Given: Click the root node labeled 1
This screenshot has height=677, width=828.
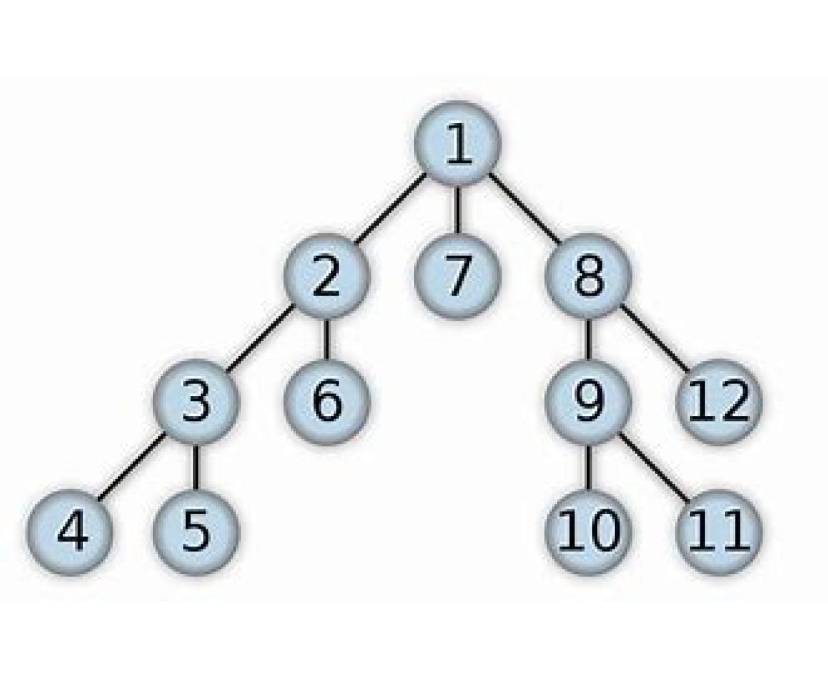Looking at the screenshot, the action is (x=457, y=144).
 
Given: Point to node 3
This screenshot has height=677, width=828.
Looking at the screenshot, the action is (x=196, y=402).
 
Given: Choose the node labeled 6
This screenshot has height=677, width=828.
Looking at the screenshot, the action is (x=326, y=402).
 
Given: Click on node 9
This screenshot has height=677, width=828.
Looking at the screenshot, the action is (x=588, y=402).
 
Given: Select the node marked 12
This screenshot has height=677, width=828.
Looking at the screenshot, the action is (x=718, y=402).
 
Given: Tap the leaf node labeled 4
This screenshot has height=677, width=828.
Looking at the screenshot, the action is (x=70, y=533).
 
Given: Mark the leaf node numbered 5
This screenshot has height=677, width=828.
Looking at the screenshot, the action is (x=196, y=533).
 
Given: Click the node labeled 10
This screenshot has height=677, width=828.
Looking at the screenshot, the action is (x=588, y=533).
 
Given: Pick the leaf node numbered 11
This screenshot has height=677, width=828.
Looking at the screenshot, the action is (x=718, y=533).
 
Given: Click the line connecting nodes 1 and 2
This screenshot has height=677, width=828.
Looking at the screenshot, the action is (x=391, y=208).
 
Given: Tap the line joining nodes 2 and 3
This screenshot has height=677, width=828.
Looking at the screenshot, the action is (x=261, y=338).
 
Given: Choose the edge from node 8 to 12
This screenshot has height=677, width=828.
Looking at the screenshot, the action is (x=653, y=338).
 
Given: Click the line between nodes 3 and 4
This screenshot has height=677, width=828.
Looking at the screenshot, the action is (x=132, y=467).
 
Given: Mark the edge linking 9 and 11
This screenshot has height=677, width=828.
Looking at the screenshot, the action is (x=653, y=467).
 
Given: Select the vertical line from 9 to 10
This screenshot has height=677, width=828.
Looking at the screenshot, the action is (x=588, y=468).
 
